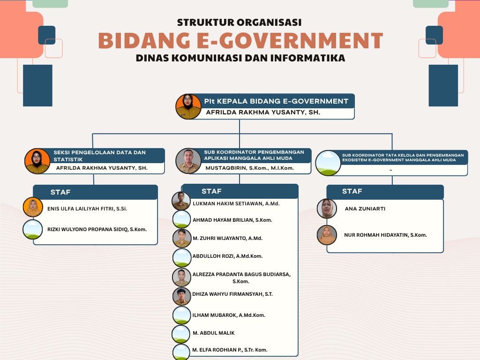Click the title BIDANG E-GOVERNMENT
click(x=240, y=41)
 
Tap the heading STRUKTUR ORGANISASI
click(x=240, y=22)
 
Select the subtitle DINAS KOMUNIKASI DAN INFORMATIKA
click(x=240, y=58)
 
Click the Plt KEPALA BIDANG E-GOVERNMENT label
click(x=276, y=101)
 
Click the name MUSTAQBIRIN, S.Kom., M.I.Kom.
click(x=249, y=168)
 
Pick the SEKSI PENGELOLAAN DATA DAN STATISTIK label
click(x=99, y=156)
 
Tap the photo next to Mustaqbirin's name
click(x=188, y=161)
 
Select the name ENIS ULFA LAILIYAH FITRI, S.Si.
click(x=87, y=209)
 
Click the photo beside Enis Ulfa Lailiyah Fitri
click(x=33, y=207)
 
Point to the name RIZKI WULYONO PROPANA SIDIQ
click(x=97, y=229)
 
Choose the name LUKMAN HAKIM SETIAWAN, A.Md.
click(x=236, y=203)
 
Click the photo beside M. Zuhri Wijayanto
click(x=182, y=238)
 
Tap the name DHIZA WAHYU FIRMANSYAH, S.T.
click(x=232, y=294)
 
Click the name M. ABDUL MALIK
click(x=214, y=333)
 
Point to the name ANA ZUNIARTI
click(x=365, y=209)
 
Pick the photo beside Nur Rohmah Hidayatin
click(x=327, y=235)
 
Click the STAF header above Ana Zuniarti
click(x=352, y=191)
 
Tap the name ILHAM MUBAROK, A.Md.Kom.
click(x=229, y=315)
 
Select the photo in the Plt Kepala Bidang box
click(x=188, y=106)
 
